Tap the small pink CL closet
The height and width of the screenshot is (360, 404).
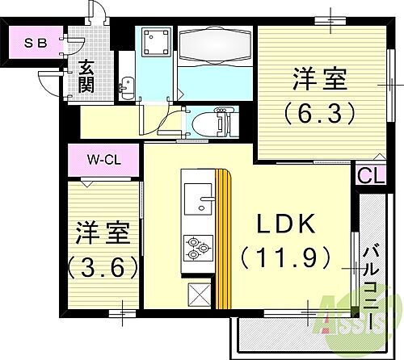(x=366, y=175)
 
